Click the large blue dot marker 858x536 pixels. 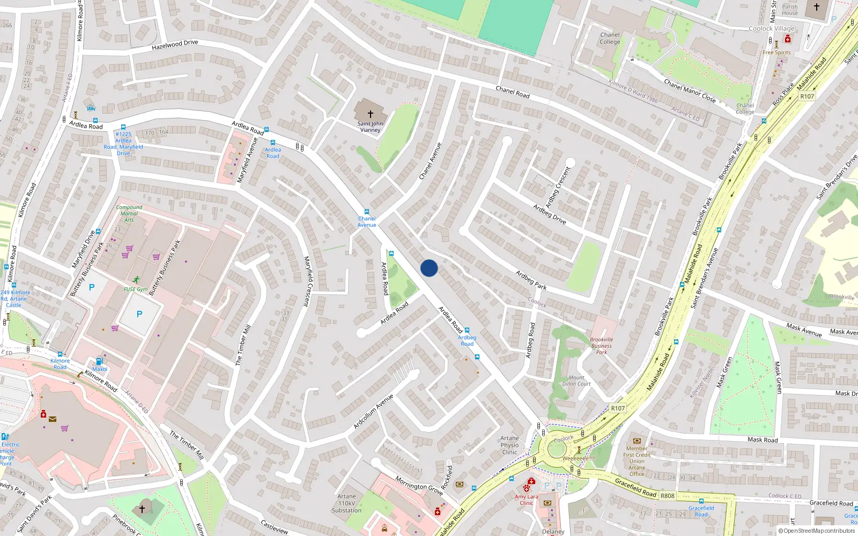point(429,268)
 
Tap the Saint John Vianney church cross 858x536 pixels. point(370,114)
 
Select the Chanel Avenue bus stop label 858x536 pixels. point(367,221)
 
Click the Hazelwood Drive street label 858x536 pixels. point(175,45)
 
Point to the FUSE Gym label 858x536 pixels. point(136,289)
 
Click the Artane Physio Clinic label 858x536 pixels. point(509,445)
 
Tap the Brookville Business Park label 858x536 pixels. point(601,346)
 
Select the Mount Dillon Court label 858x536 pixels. point(576,381)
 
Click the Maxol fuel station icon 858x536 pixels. point(99,361)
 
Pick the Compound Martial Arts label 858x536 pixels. point(129,213)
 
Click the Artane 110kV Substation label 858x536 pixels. point(346,503)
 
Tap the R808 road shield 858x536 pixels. point(667,496)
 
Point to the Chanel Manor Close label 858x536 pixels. point(690,91)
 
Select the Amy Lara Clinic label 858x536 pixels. point(526,500)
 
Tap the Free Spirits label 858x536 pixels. point(776,53)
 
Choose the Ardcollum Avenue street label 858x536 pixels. point(373,412)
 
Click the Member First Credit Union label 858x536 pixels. point(637,461)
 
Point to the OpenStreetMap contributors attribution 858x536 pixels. point(817,531)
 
